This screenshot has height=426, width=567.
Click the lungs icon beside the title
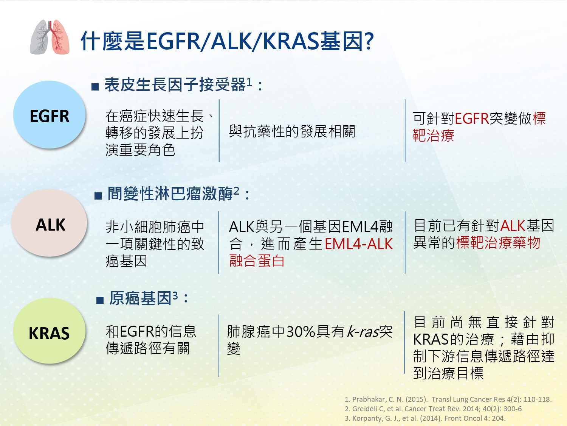(50, 37)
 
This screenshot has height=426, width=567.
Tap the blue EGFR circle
(50, 115)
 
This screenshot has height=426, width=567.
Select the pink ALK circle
(49, 223)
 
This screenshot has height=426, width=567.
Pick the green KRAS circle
(50, 331)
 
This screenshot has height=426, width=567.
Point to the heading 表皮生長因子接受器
(175, 84)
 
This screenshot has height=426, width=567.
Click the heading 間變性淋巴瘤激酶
(170, 194)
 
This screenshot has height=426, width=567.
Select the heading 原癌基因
(140, 298)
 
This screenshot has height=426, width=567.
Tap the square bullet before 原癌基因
(100, 300)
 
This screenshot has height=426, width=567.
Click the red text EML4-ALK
(359, 244)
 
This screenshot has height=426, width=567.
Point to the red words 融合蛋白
(257, 261)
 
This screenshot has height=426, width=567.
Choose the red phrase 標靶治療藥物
(498, 243)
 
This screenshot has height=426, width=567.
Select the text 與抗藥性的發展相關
(292, 131)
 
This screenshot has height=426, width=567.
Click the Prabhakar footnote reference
(448, 399)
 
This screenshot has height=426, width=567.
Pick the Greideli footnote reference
(433, 409)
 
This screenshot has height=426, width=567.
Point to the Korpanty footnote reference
(425, 418)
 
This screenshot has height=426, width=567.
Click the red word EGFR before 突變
(472, 119)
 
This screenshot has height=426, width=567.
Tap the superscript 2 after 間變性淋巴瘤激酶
(236, 191)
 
